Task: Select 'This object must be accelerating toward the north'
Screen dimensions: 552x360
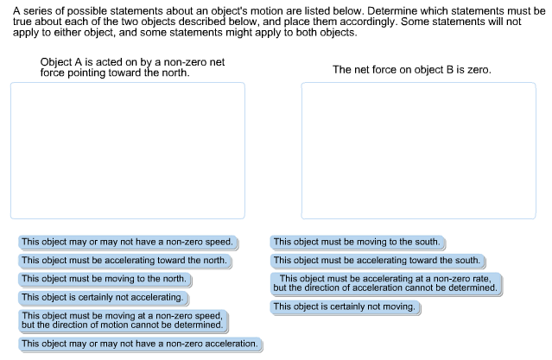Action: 124,260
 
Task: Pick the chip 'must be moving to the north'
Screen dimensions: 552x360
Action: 104,279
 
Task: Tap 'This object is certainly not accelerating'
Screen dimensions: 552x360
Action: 102,297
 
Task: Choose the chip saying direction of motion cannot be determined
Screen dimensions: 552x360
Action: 122,320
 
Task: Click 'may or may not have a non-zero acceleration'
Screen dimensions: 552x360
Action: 139,344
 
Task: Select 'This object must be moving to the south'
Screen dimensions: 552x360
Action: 357,242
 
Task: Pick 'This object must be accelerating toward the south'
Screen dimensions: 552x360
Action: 377,260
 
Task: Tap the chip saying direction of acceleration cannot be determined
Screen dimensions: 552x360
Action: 385,283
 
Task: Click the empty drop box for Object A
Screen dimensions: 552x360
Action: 127,150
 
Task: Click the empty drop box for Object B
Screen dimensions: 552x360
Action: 420,150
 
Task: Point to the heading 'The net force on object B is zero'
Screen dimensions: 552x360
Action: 412,69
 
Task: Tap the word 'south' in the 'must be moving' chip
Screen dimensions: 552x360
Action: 428,242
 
